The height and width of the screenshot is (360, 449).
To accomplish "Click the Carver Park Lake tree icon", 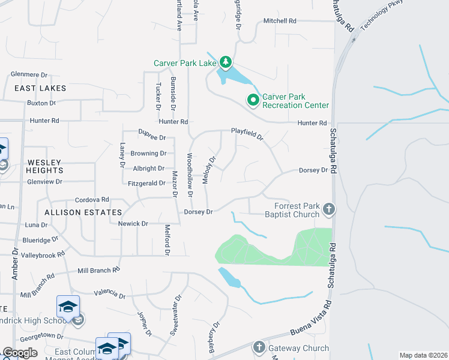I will (x=225, y=62).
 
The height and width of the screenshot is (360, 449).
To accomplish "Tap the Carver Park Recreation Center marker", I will (x=253, y=100).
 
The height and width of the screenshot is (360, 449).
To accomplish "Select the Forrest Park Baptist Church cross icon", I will (x=328, y=209).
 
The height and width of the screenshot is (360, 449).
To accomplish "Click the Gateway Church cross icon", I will (x=259, y=347).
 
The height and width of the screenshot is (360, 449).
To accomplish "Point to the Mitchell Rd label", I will (x=280, y=21).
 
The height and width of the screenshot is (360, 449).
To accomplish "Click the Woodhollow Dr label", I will (x=189, y=175).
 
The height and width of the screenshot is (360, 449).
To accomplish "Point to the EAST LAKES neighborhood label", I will (x=41, y=88).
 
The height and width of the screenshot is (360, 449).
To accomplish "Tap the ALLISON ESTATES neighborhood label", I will (x=83, y=212).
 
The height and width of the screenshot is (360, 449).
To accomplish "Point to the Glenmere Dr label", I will (x=29, y=75).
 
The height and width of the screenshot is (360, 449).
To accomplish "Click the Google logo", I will (x=20, y=353).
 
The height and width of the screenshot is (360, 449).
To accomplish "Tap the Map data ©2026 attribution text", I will (x=423, y=355).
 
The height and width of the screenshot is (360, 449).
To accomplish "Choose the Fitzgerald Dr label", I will (x=146, y=183).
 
